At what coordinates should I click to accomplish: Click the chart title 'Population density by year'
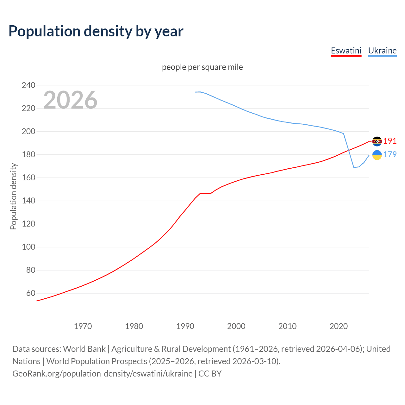(96, 31)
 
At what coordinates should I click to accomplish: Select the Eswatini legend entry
(346, 51)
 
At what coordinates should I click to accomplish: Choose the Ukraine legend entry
(382, 51)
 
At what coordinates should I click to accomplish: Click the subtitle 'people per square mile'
(202, 67)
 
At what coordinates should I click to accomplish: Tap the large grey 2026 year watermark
(70, 100)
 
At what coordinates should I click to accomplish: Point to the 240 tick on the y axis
(28, 85)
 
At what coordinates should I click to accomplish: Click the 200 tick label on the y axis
(28, 131)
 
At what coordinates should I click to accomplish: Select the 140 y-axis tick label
(28, 201)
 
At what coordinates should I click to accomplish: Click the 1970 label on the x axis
(83, 326)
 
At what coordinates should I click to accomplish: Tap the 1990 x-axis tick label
(185, 326)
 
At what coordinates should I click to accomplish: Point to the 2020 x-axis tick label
(339, 326)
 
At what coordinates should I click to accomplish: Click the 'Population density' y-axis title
(13, 196)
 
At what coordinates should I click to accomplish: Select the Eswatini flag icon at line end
(377, 141)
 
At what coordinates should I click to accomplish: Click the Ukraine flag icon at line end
(377, 155)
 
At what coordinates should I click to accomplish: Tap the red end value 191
(390, 141)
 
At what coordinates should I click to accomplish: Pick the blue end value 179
(390, 154)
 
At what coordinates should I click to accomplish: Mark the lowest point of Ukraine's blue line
(354, 167)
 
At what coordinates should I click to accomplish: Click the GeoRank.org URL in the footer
(102, 373)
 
